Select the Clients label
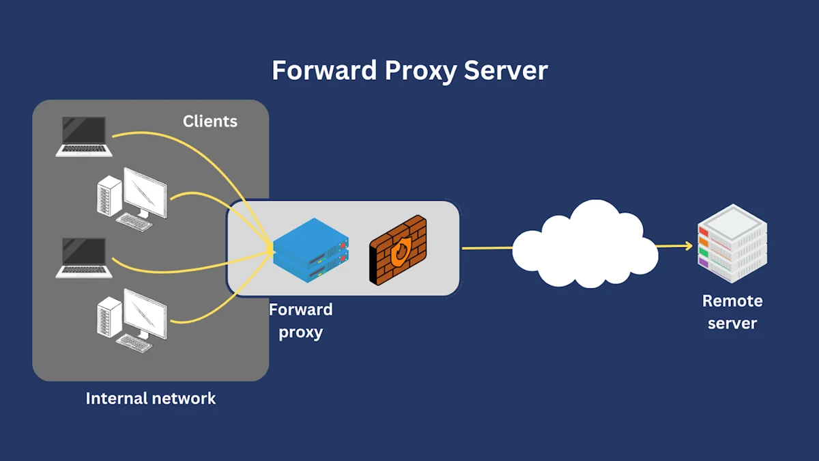coord(210,122)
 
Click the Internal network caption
coord(151,398)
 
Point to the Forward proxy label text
coord(300,321)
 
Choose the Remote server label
coord(732,311)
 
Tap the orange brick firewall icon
coord(398,249)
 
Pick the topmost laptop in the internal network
coord(84,137)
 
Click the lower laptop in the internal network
coord(84,257)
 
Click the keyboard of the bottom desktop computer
coord(134,344)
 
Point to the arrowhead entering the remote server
coord(687,245)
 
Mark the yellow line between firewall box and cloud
coord(487,248)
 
